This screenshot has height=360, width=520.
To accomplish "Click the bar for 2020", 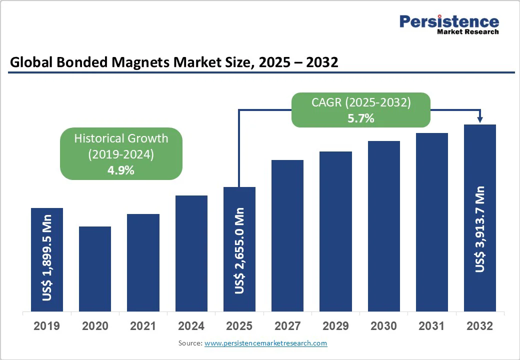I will (x=95, y=268).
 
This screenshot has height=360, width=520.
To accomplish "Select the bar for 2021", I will (x=143, y=262).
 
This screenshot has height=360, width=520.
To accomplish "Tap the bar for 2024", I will (x=191, y=253).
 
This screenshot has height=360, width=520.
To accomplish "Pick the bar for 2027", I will (x=287, y=235).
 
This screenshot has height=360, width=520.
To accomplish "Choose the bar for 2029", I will (x=335, y=231).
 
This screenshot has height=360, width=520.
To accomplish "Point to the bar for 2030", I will (x=384, y=226).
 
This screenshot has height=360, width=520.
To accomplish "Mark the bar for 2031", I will (x=432, y=222).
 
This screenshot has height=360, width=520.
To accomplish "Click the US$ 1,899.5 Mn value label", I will (x=47, y=258).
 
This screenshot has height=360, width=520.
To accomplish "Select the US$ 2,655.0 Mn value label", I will (x=239, y=250).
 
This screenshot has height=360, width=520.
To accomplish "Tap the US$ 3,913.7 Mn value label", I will (x=480, y=229).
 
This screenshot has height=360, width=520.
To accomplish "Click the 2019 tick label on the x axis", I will (x=46, y=326).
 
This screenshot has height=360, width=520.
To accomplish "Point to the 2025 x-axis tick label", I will (x=239, y=326).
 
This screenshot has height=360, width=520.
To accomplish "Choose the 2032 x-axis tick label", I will (x=480, y=326).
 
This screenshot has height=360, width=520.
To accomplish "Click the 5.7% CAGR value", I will (x=361, y=119).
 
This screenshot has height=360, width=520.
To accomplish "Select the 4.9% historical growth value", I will (x=121, y=170).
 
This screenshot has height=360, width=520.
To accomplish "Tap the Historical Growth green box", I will (x=121, y=153).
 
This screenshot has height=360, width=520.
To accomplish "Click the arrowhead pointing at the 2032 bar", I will (x=480, y=119).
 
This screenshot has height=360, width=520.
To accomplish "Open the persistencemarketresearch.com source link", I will (x=266, y=343).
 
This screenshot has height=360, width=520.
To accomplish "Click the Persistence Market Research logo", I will (x=448, y=24).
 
